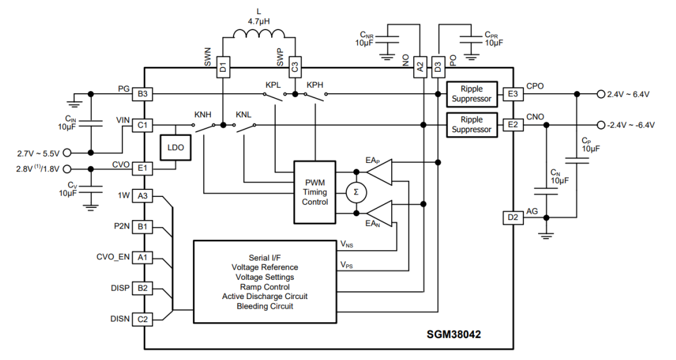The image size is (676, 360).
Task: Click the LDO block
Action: (175, 148)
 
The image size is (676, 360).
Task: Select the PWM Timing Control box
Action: (314, 192)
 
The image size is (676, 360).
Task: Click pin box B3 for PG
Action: (142, 94)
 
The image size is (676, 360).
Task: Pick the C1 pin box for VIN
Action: (142, 124)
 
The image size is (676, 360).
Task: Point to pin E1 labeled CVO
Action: (142, 169)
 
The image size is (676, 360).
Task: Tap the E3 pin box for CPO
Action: (512, 94)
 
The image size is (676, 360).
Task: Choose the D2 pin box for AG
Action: (512, 218)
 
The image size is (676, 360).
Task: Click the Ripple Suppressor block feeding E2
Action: (471, 124)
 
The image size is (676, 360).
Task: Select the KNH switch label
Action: (202, 114)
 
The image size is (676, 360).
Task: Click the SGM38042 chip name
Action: (454, 334)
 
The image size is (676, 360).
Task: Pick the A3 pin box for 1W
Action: (142, 196)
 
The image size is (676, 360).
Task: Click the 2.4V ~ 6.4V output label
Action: (628, 94)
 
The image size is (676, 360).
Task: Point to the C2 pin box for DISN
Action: (142, 319)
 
